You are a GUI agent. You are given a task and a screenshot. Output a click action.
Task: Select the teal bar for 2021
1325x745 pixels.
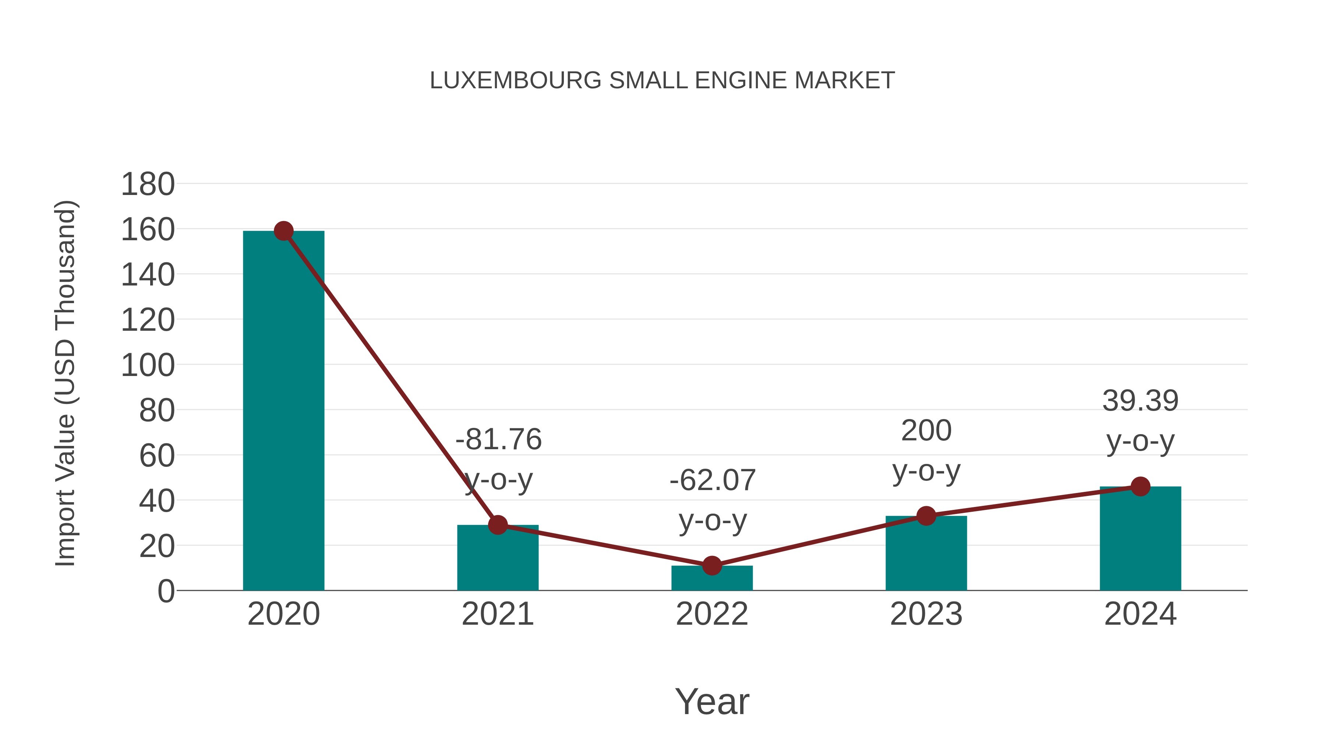(x=497, y=560)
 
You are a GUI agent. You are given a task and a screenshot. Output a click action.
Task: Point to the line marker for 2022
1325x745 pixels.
(x=712, y=565)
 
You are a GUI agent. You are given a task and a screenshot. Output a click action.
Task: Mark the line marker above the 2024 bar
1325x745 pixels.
(x=1140, y=486)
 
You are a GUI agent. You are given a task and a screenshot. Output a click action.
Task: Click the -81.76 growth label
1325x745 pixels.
(x=498, y=440)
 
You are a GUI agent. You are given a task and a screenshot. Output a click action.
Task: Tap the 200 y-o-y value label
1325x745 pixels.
(x=926, y=430)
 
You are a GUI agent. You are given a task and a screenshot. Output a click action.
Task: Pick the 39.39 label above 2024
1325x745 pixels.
(x=1140, y=401)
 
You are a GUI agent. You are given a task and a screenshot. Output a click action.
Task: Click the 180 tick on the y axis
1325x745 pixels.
(x=148, y=184)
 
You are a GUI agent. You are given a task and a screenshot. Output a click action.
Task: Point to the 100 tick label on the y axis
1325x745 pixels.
(x=148, y=366)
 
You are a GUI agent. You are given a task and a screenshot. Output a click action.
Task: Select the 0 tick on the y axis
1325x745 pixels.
(x=166, y=591)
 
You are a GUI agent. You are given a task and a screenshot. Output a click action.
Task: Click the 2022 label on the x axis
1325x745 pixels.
(x=712, y=614)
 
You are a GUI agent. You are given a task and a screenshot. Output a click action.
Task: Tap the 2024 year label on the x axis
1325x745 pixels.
(x=1140, y=614)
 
